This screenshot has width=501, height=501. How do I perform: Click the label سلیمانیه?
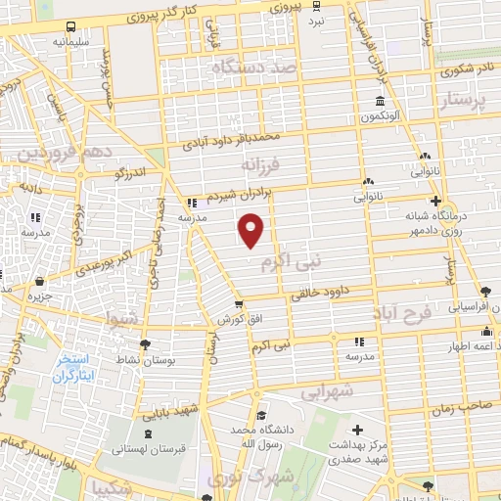pyautogui.click(x=73, y=43)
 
